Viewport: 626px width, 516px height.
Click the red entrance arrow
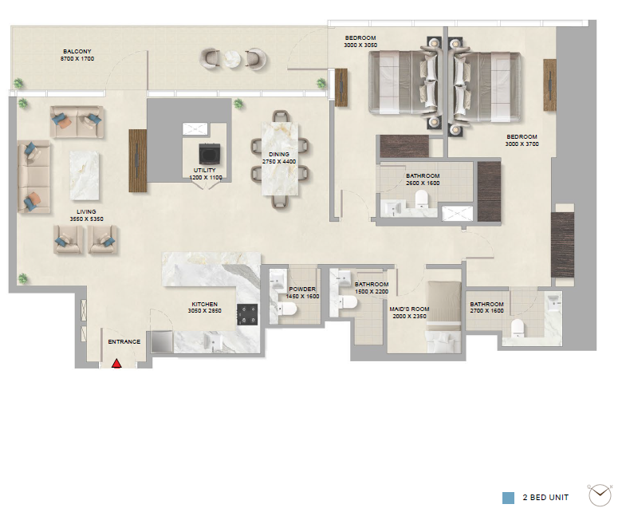click(116, 364)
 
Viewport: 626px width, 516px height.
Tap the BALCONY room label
click(77, 52)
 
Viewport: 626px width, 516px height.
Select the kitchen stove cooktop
click(247, 315)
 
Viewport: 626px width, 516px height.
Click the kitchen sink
click(213, 343)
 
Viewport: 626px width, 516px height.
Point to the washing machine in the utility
click(210, 154)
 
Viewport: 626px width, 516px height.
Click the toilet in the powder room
click(286, 309)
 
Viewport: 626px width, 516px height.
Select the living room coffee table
click(85, 175)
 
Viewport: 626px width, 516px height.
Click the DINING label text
click(279, 154)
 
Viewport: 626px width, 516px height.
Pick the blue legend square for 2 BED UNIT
click(508, 498)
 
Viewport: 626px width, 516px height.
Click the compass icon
click(600, 495)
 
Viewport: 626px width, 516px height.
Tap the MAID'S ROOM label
click(409, 309)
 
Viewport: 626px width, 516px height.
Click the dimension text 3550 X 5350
click(86, 219)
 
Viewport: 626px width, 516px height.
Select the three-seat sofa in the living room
click(33, 176)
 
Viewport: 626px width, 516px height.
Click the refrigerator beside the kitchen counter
click(162, 341)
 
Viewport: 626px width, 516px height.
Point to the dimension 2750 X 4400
click(279, 162)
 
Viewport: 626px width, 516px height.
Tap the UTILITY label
click(204, 170)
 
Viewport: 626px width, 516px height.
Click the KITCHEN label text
click(204, 305)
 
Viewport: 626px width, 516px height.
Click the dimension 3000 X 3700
click(522, 144)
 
